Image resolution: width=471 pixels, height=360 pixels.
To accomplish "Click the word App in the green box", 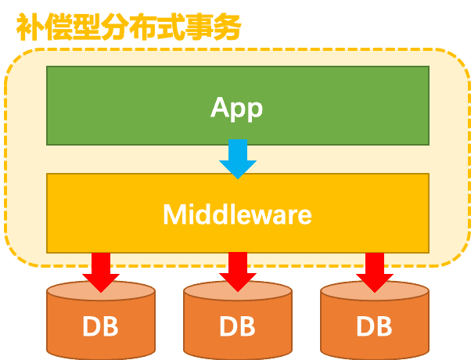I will coord(236,107).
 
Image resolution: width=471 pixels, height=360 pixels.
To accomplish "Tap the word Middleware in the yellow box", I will coord(237,214).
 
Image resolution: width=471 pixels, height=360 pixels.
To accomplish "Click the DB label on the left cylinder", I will coord(100,326).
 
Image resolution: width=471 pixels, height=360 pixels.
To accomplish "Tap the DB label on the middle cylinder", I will coord(238,326).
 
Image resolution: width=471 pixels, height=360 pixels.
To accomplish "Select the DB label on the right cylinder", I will coord(375,326).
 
